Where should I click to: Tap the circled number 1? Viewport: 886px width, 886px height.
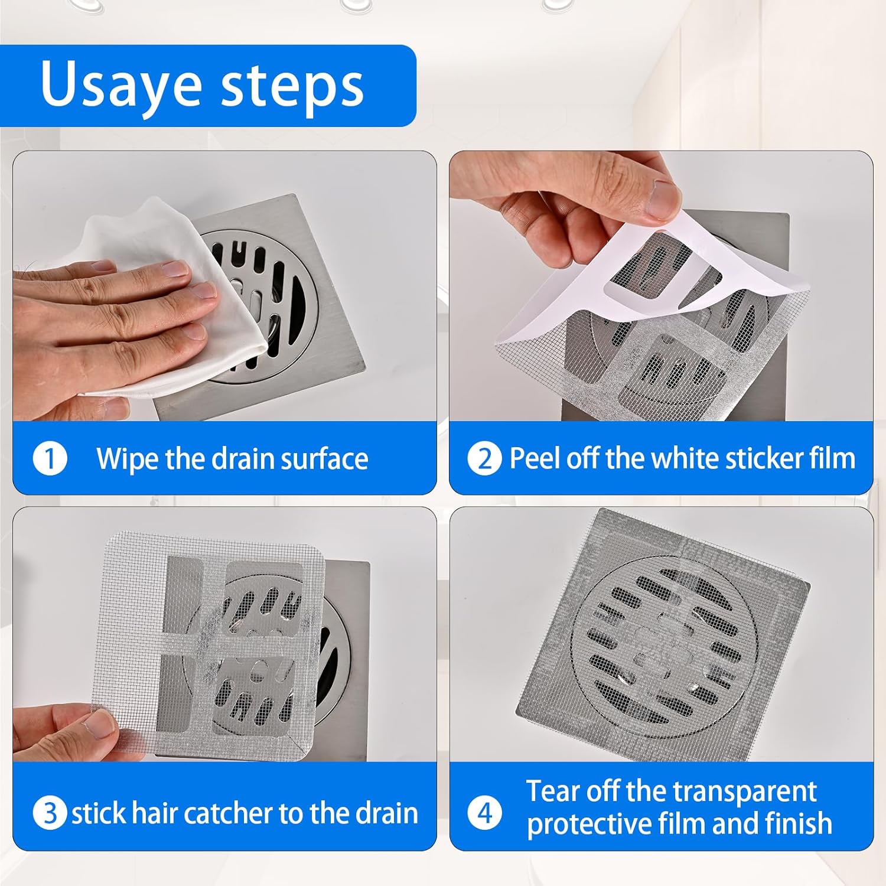50,458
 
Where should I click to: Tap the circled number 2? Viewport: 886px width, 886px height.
484,458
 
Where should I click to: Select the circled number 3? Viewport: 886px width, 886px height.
50,813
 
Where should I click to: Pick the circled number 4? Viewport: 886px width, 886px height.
484,813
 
